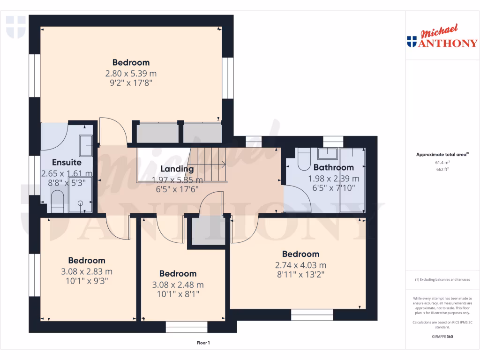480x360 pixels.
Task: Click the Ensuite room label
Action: pos(67,163)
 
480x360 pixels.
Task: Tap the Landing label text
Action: pos(177,169)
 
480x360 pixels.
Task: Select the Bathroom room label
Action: pos(333,167)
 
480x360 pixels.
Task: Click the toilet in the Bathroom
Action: pos(304,160)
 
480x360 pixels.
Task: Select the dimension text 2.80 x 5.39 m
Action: pos(131,73)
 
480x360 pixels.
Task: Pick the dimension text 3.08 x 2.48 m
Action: pos(177,285)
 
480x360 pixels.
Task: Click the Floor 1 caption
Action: pos(203,343)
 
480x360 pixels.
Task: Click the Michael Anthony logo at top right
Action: pos(442,37)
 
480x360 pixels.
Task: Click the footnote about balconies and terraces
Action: pos(442,279)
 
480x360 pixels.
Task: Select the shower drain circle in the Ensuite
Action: pos(80,203)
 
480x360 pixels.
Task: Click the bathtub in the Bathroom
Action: pos(352,180)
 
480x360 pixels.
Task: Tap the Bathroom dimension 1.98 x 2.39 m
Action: pos(333,179)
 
